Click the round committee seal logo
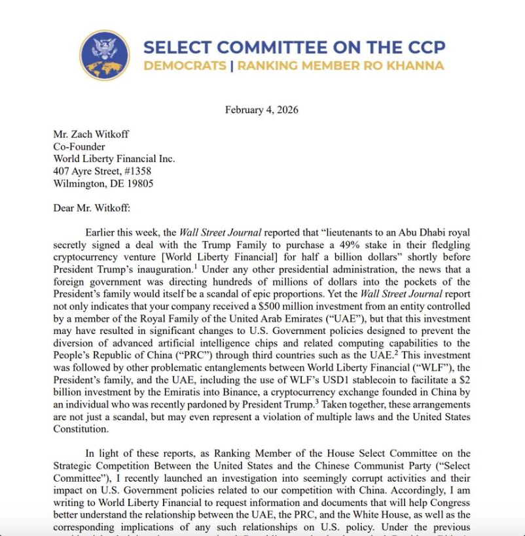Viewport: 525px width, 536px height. (x=104, y=56)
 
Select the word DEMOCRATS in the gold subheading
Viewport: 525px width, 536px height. (x=183, y=65)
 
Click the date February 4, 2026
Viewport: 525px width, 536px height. (x=262, y=109)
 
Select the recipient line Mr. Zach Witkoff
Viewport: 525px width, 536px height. (x=91, y=134)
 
